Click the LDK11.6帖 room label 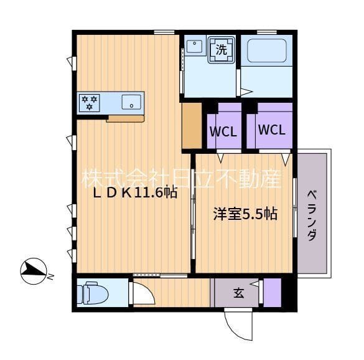pos(135,193)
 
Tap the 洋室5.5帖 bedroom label pos(245,214)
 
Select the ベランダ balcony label pos(312,216)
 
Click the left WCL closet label pos(223,131)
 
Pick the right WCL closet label pos(272,130)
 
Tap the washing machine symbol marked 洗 pos(222,50)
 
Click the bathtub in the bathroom pos(267,50)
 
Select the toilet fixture pos(93,293)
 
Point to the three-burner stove pos(90,103)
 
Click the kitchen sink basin pos(131,102)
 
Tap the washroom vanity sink pos(194,46)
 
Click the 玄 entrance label pos(239,293)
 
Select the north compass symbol pos(34,271)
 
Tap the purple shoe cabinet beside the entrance pos(273,293)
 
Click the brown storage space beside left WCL pos(192,125)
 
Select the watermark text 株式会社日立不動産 pos(182,179)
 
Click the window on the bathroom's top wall pos(267,32)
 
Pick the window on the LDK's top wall pos(164,32)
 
